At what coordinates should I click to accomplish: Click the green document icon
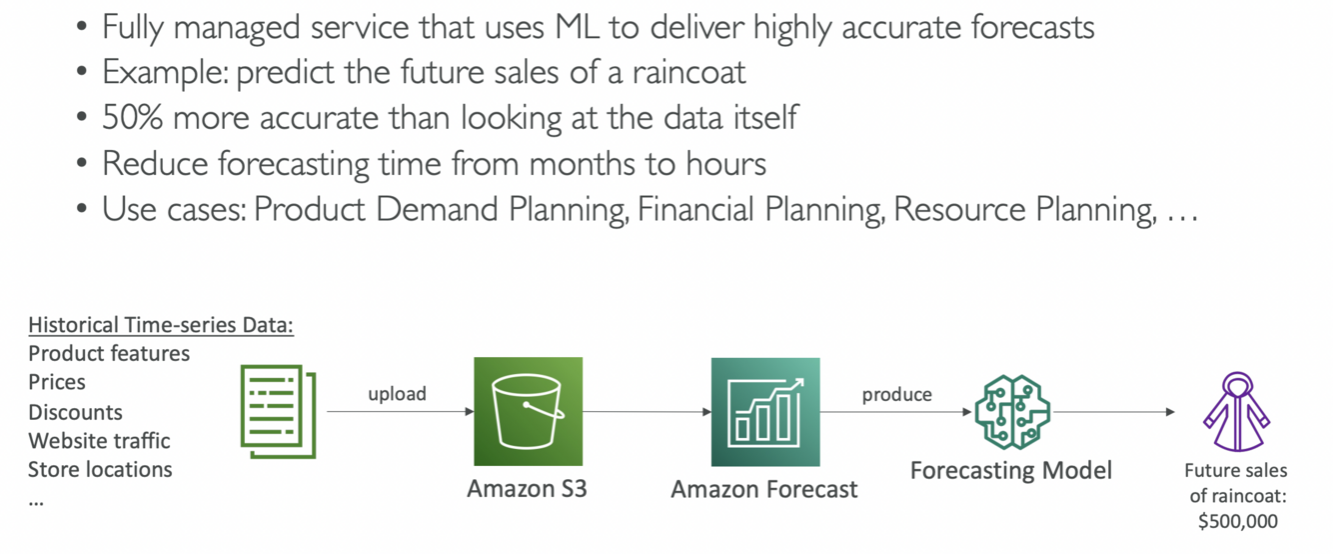pos(278,411)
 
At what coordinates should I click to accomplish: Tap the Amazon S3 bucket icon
pos(528,411)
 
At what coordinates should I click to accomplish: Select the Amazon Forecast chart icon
pos(764,411)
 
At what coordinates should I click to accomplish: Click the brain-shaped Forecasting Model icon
pos(1011,411)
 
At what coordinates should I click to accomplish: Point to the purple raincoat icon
pos(1236,412)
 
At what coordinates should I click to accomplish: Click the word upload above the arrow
pos(397,394)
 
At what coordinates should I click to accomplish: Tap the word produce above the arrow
pos(896,394)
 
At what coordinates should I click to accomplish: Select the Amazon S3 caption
pos(527,490)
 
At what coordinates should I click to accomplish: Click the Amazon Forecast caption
pos(763,490)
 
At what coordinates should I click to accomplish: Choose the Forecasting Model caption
pos(1010,470)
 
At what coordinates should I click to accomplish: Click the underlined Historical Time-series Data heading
pos(161,325)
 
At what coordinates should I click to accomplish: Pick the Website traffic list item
pos(99,440)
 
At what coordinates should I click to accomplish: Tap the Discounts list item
pos(75,412)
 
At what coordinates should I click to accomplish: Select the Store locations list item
pos(100,469)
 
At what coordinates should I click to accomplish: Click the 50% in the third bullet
pos(133,118)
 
